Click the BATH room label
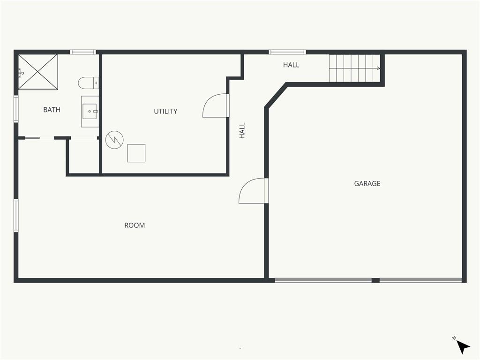point(52,110)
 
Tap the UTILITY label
point(165,111)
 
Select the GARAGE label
point(367,183)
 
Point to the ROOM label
point(135,225)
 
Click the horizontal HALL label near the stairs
point(291,65)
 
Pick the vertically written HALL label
point(242,131)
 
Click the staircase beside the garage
point(354,68)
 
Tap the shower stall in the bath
point(38,72)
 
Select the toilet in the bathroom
point(89,83)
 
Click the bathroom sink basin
point(90,112)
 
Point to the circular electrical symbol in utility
point(114,140)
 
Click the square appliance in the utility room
point(136,153)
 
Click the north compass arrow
point(463,347)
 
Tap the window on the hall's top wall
point(287,52)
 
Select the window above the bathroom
point(83,52)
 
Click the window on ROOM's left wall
point(16,216)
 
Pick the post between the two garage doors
point(375,280)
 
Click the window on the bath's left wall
point(16,109)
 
